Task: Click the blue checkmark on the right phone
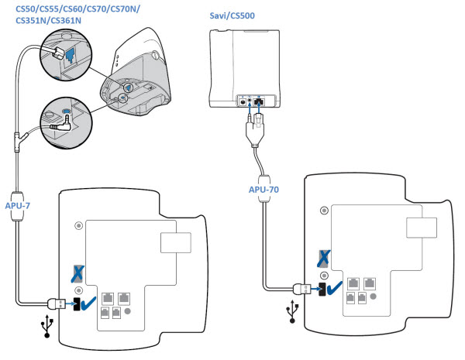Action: (335, 290)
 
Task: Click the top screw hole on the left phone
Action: (76, 226)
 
